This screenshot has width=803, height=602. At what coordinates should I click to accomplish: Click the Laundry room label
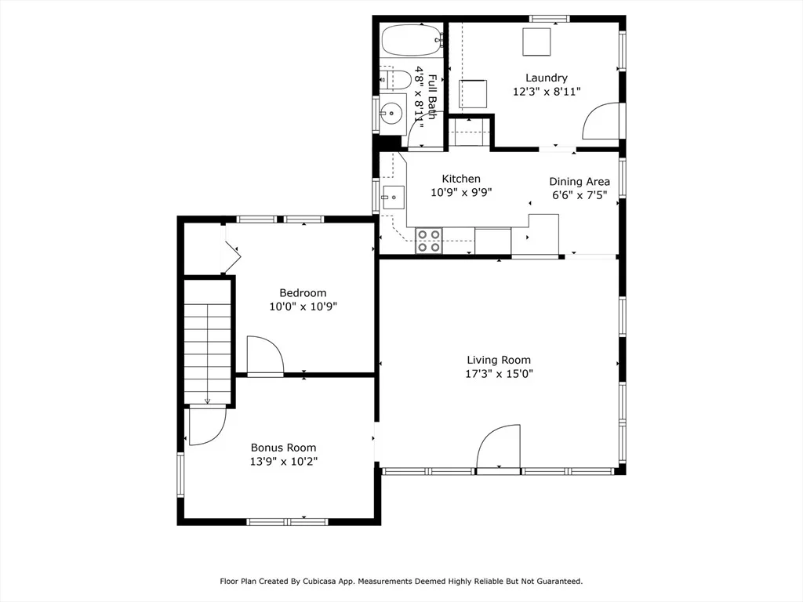pos(547,78)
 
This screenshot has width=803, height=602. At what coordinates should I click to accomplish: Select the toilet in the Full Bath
pos(396,80)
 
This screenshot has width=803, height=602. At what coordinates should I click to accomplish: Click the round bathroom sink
pos(393,113)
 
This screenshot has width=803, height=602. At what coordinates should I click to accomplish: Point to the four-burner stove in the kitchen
pos(429,241)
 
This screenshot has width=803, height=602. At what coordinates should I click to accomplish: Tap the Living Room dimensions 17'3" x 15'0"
pos(499,374)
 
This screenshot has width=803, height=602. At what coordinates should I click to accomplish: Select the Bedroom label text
pos(303,293)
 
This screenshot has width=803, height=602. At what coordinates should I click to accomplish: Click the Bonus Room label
pos(283,448)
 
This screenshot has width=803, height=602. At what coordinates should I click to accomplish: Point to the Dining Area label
pos(580,182)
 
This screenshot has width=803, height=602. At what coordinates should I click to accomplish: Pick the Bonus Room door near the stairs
pos(207,425)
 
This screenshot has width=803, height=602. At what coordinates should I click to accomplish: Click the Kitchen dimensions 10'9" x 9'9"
pos(461,193)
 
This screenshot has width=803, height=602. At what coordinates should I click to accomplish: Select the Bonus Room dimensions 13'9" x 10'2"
pos(284,462)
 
